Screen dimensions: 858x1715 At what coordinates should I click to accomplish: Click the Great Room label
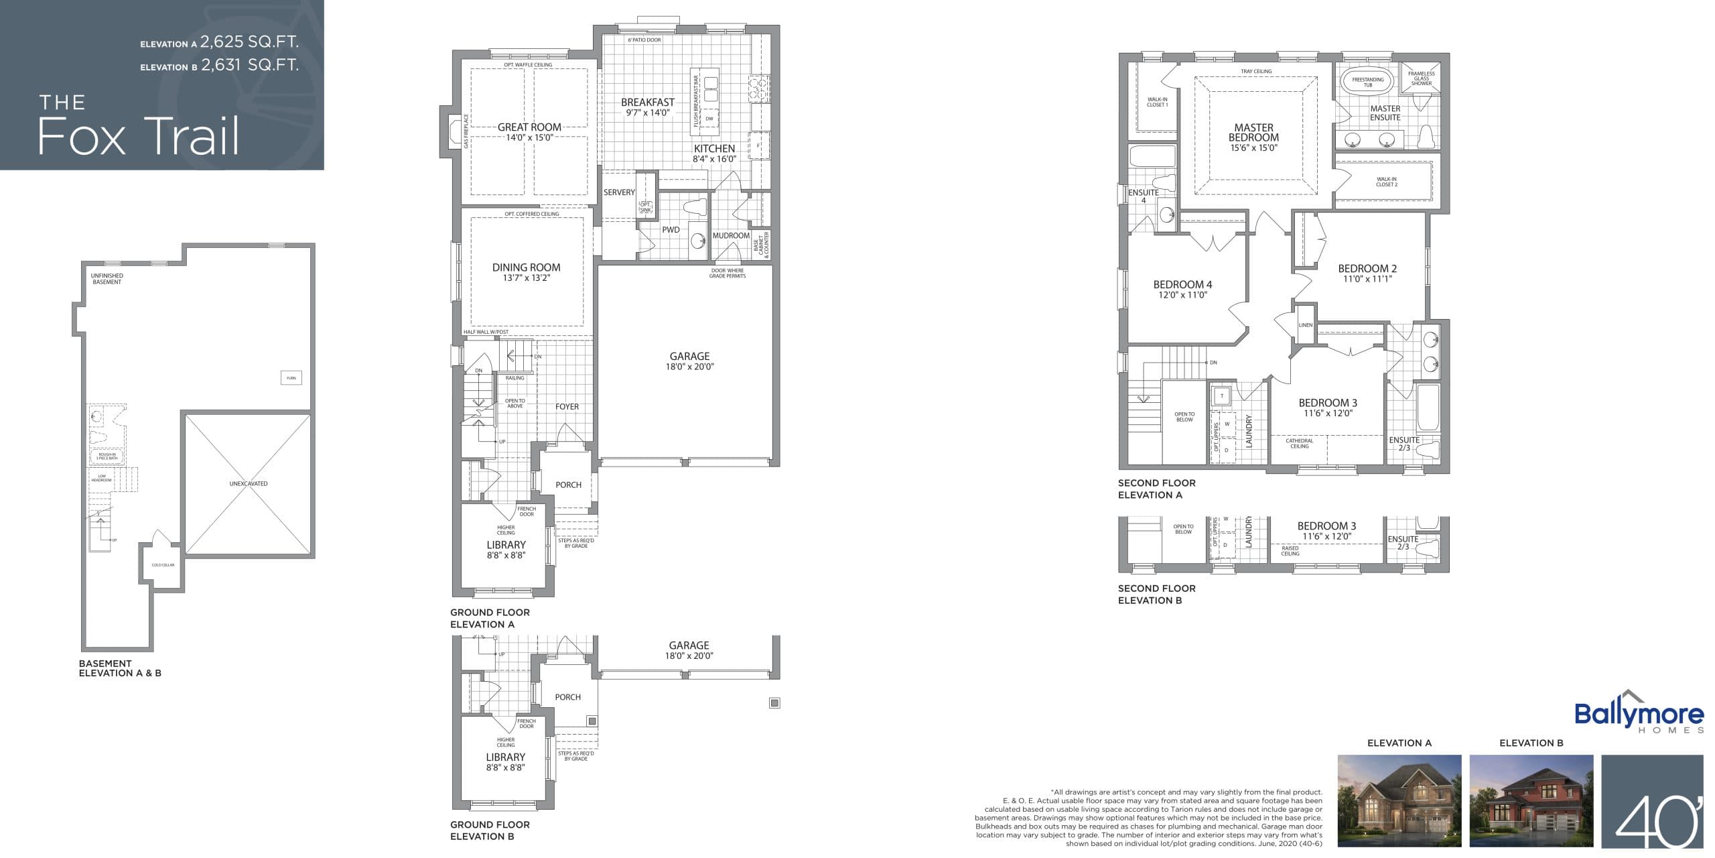click(x=529, y=127)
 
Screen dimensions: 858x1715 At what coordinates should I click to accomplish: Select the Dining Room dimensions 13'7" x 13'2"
click(x=526, y=278)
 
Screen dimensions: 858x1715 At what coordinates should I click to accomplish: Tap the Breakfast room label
click(x=647, y=103)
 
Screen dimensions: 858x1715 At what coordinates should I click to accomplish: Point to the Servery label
click(x=618, y=192)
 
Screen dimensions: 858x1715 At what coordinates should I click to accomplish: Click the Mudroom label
click(x=730, y=236)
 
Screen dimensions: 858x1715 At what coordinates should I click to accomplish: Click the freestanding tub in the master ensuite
click(x=1367, y=82)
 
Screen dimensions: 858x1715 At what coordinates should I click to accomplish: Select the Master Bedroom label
click(x=1253, y=132)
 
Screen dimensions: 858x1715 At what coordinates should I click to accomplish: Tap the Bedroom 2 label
click(x=1367, y=268)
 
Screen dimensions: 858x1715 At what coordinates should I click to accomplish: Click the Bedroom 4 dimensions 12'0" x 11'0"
click(x=1182, y=295)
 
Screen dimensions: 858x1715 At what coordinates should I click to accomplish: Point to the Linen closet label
click(x=1305, y=325)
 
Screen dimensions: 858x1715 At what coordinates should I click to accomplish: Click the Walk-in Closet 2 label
click(x=1386, y=182)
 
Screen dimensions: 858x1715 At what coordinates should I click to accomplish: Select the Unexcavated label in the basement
click(x=248, y=483)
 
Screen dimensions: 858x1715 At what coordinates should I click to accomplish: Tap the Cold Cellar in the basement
click(x=163, y=565)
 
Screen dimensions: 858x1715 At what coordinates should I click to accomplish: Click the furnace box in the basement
click(x=291, y=378)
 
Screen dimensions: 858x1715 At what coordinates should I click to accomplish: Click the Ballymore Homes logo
click(x=1638, y=716)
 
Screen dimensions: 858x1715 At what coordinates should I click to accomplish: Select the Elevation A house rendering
click(x=1399, y=800)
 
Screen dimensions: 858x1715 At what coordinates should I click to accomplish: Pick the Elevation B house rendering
click(x=1531, y=800)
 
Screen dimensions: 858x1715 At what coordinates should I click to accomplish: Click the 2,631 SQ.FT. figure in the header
click(x=249, y=65)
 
